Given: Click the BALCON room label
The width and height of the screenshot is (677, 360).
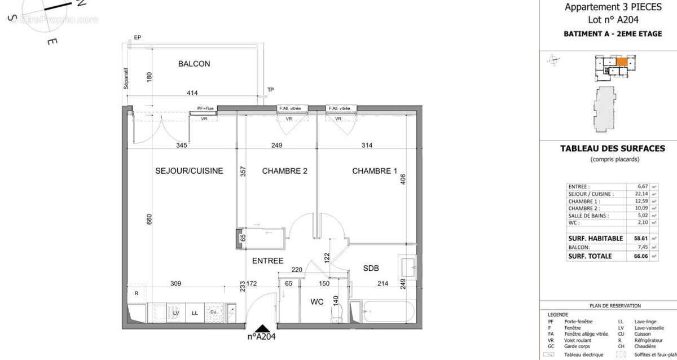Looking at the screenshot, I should pyautogui.click(x=194, y=64).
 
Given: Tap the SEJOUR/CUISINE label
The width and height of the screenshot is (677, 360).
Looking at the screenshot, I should pyautogui.click(x=189, y=171).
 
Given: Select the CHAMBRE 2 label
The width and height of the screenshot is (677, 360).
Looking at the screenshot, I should pyautogui.click(x=284, y=171).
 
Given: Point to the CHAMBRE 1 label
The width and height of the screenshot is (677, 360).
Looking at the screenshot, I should pyautogui.click(x=375, y=171).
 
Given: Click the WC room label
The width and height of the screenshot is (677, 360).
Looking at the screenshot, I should pyautogui.click(x=317, y=302).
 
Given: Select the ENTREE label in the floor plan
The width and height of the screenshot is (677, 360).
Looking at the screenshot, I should pyautogui.click(x=267, y=260).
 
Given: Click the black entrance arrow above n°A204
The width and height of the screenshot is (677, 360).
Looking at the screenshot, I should pyautogui.click(x=261, y=328).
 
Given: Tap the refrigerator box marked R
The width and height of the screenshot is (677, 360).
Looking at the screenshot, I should pyautogui.click(x=136, y=293).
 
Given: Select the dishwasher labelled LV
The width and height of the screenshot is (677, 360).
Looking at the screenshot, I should pyautogui.click(x=176, y=313).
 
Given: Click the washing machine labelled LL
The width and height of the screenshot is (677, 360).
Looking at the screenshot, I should pyautogui.click(x=195, y=313).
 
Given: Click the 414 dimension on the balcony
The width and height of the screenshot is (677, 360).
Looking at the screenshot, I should pyautogui.click(x=193, y=93).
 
